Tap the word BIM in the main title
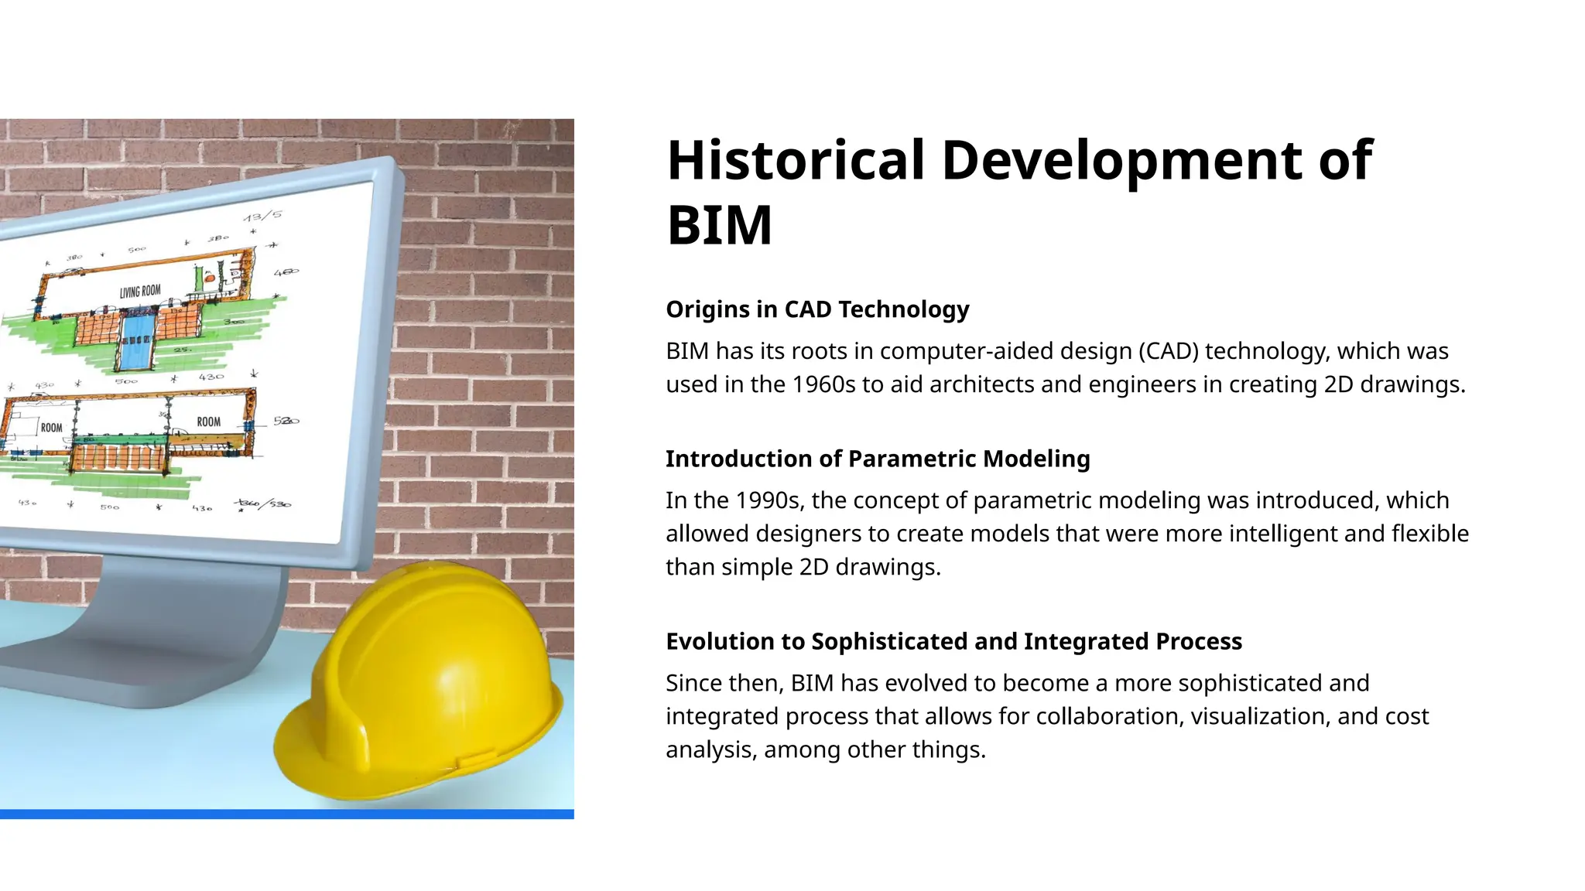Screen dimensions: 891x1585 [719, 226]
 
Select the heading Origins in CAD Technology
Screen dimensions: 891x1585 [816, 309]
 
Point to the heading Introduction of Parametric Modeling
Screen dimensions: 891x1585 [877, 459]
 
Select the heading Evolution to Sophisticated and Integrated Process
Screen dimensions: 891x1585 [953, 641]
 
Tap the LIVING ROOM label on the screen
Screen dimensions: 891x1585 [140, 292]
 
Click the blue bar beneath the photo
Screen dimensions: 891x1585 [286, 814]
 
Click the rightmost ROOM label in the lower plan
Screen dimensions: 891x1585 [208, 422]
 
